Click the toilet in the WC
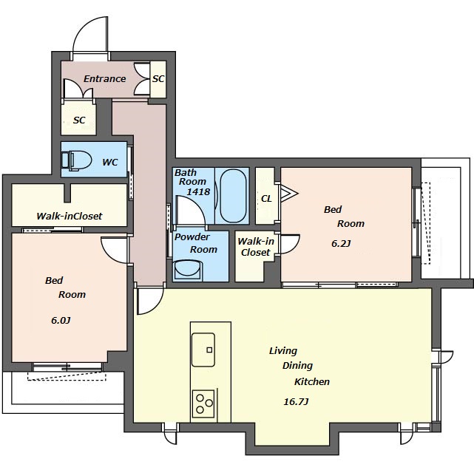76,160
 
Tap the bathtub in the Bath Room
233,196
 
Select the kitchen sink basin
203,350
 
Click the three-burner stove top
203,404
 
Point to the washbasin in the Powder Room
187,270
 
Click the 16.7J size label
296,402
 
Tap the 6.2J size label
341,243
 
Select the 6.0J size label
61,320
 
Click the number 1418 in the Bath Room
198,191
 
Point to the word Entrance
104,79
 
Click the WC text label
109,162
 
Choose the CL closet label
266,199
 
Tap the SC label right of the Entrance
158,79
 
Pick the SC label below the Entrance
79,120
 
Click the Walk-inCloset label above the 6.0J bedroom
70,216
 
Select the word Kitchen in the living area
312,381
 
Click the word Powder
192,236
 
